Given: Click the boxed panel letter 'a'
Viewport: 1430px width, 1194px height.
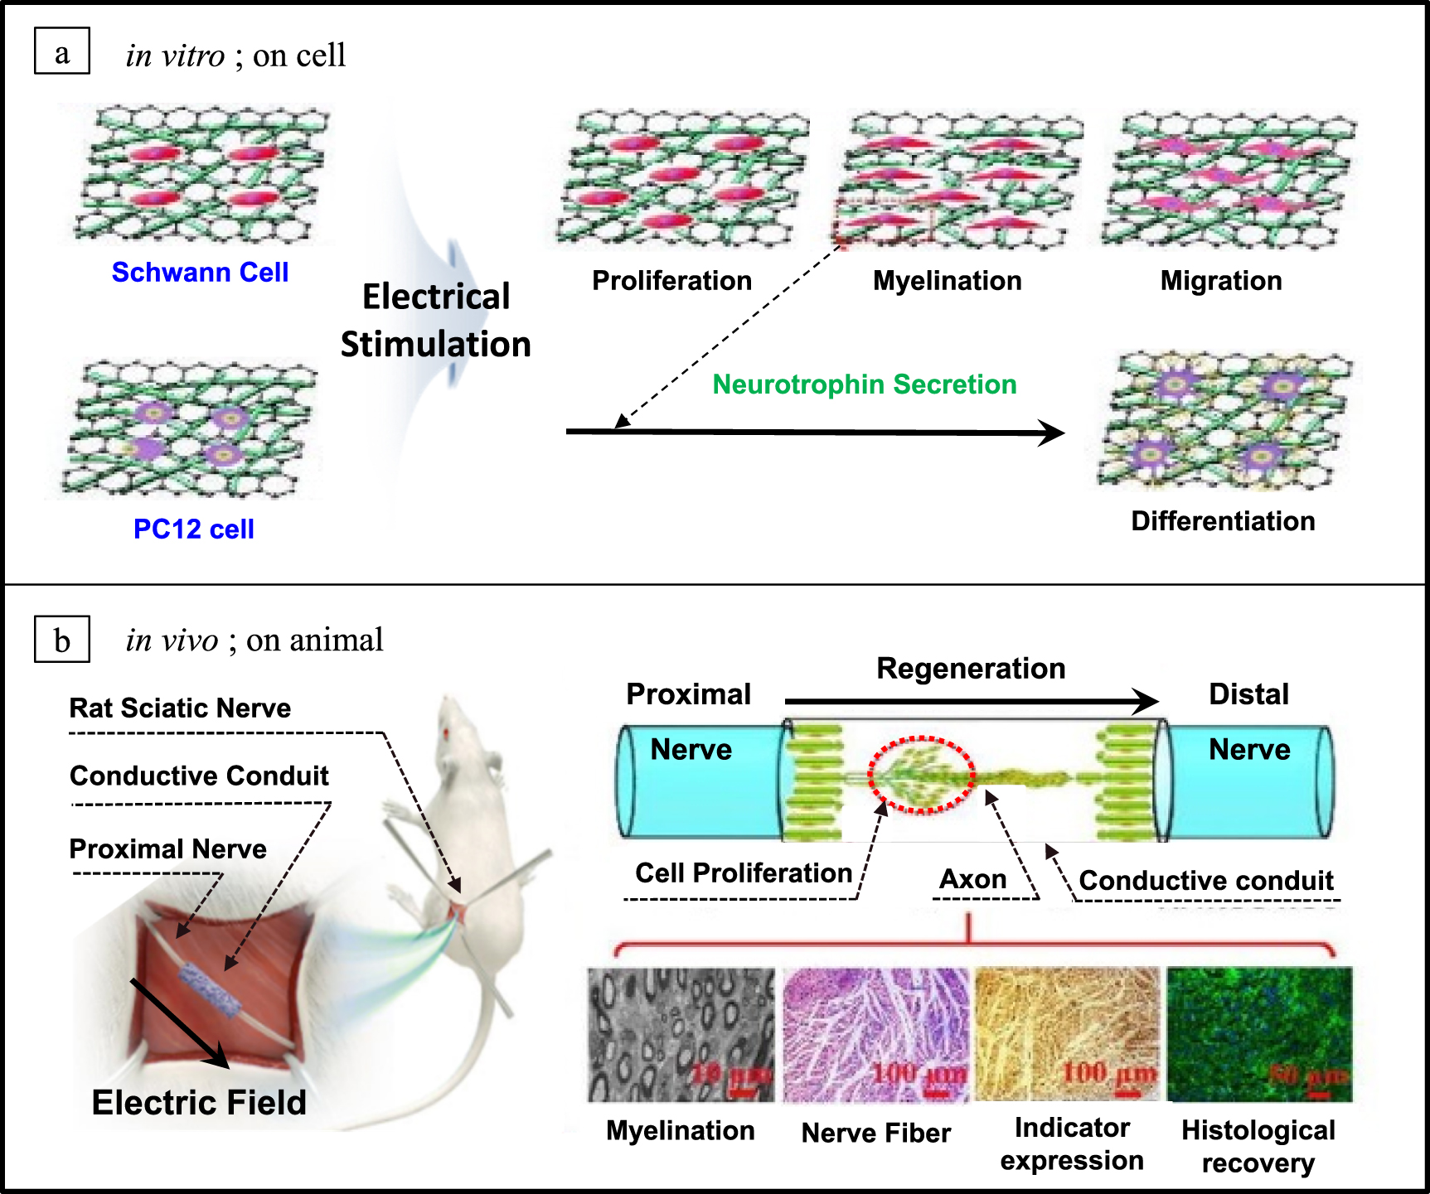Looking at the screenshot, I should coord(61,51).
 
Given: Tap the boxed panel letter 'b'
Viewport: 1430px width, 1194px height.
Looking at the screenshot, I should coord(61,640).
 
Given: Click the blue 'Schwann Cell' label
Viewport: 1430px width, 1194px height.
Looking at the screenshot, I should coord(200,272).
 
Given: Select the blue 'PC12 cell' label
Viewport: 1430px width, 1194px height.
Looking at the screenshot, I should coord(193,529).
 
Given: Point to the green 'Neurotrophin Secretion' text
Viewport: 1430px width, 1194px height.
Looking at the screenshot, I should coord(864,384).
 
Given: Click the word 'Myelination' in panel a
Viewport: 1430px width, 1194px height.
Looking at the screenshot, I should coord(947,281).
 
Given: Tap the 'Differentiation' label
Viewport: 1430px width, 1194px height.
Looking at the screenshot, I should coord(1223,521).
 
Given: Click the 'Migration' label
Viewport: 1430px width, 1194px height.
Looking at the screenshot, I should coord(1220,281).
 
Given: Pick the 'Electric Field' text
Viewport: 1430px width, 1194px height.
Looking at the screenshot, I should coord(199,1103).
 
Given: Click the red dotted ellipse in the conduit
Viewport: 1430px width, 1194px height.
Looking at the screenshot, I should coord(920,775).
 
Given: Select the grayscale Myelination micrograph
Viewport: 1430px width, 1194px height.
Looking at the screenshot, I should coord(681,1034).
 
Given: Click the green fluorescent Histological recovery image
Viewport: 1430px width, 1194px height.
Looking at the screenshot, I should coord(1259,1034).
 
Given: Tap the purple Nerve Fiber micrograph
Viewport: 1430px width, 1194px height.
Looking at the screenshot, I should coord(875,1034).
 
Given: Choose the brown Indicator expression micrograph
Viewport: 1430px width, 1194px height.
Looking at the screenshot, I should coord(1068,1034).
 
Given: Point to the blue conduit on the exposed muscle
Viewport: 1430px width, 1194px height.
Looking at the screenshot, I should coord(211,991).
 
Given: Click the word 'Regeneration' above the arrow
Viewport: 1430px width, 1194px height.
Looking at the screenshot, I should coord(971,669).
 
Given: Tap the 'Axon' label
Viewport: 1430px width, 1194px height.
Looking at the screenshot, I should coord(972,879).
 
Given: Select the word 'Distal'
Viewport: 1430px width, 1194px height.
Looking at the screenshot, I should coord(1248,694).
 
